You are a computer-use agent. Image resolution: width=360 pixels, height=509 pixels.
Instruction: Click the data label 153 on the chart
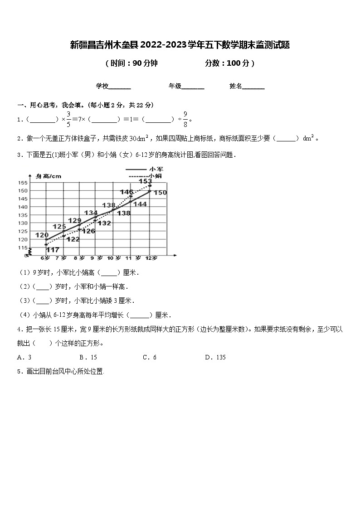tap(145, 181)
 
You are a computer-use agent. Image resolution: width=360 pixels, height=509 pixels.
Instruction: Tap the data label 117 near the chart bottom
tap(53, 250)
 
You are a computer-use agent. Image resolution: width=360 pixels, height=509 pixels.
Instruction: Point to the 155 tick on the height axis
tap(23, 183)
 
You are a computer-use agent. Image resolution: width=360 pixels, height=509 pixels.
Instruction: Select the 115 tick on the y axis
tap(23, 247)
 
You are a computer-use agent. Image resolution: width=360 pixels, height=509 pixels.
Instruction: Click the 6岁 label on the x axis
tap(45, 258)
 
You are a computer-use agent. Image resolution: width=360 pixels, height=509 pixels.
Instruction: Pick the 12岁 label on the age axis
tap(151, 258)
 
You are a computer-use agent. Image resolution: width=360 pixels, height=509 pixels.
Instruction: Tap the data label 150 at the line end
tap(160, 193)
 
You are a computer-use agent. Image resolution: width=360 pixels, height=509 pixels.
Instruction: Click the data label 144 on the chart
tap(140, 204)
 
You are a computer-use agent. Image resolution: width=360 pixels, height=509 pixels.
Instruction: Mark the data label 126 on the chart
tap(88, 231)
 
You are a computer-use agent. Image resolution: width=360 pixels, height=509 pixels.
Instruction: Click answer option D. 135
tap(215, 357)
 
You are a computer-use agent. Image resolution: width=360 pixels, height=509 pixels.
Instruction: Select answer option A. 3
tap(24, 357)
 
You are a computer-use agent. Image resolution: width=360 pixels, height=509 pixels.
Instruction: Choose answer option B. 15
tap(88, 357)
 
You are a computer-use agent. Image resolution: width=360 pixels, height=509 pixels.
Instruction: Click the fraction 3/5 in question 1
tap(69, 119)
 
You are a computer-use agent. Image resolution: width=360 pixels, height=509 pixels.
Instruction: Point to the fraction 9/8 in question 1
tap(185, 119)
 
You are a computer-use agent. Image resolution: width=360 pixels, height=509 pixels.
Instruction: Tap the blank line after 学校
tap(120, 87)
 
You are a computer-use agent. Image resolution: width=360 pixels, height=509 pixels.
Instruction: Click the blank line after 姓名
tap(254, 87)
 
